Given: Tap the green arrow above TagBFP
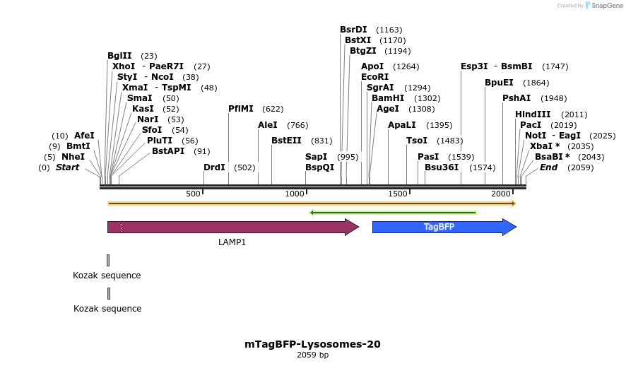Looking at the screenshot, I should [x=393, y=212].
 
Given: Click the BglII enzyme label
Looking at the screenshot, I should [x=119, y=55].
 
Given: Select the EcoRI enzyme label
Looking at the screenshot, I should [x=374, y=76].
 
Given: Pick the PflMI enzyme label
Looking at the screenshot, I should [x=241, y=109].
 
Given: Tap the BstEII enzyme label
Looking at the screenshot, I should [x=286, y=140].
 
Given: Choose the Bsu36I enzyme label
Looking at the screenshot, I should [x=442, y=167].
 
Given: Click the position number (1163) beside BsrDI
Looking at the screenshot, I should [x=389, y=30].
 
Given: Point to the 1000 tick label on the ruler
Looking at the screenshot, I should [x=295, y=194].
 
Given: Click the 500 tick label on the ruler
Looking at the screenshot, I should [x=193, y=194].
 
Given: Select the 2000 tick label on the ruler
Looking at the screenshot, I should [x=501, y=194].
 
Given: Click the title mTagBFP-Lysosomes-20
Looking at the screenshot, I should [x=312, y=345].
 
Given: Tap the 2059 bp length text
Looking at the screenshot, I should [x=312, y=355].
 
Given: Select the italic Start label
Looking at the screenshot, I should [x=68, y=167].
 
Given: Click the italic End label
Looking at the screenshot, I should [x=548, y=167].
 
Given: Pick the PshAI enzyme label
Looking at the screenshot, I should [x=516, y=98].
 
